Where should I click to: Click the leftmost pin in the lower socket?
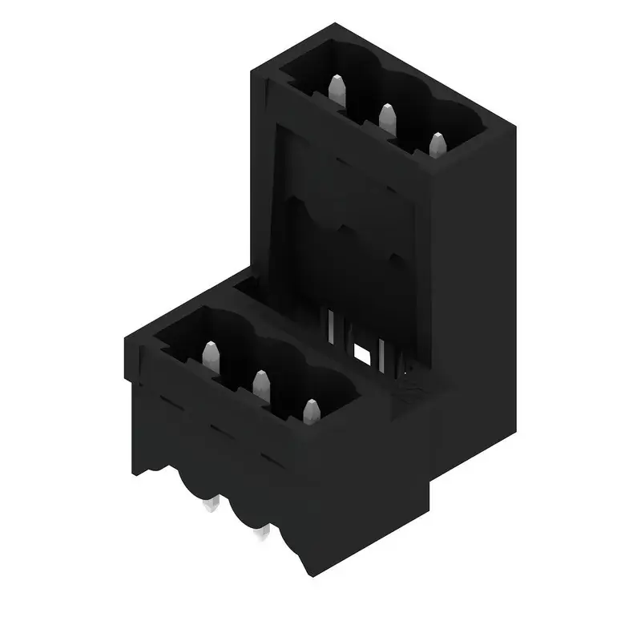tap(211, 354)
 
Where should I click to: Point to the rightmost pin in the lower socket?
tap(311, 410)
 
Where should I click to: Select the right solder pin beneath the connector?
tap(260, 533)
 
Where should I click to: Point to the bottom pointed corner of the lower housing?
tap(308, 575)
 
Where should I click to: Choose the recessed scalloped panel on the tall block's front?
tap(345, 232)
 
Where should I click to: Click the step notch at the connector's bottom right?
tap(433, 481)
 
